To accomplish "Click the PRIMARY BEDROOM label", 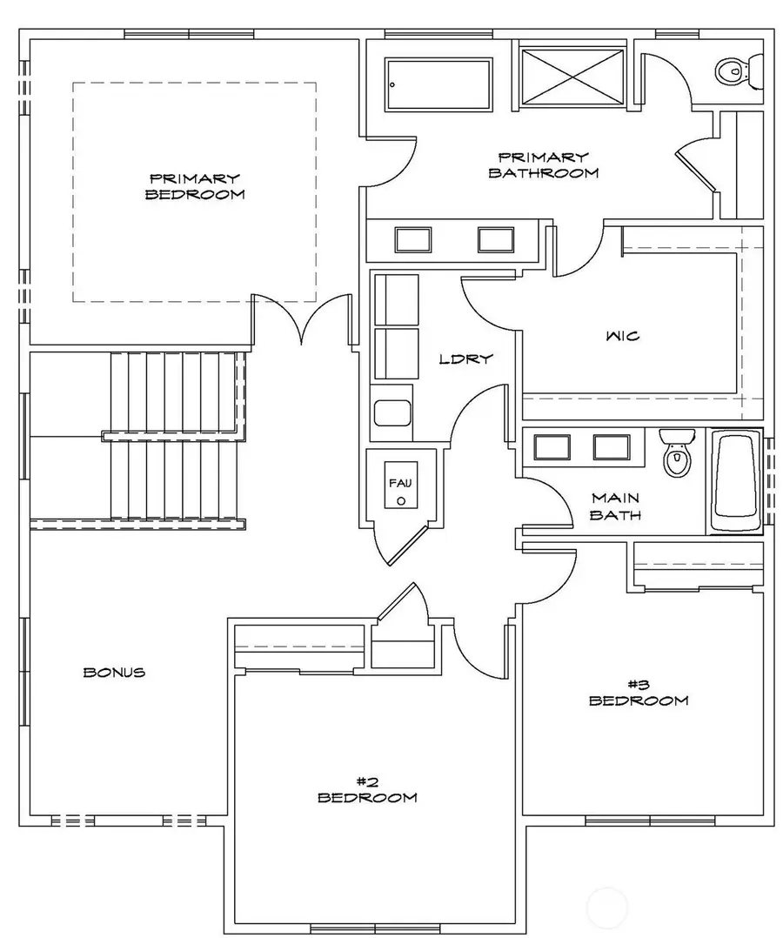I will pos(194,186).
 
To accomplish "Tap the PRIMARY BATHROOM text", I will pos(543,164).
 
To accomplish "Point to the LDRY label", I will pos(465,358).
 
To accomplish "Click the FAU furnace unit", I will pos(400,490).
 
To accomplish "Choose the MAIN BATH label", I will pos(616,506).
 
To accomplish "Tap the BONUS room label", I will pos(114,672).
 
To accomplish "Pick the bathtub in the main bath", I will pos(736,481).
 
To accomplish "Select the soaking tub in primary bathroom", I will pos(437,84).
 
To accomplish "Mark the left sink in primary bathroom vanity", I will pos(412,238).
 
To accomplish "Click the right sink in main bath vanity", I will pos(611,446).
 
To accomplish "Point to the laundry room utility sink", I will pos(392,412).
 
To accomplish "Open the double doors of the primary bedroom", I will pos(301,321).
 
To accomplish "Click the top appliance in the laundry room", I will pos(395,299).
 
